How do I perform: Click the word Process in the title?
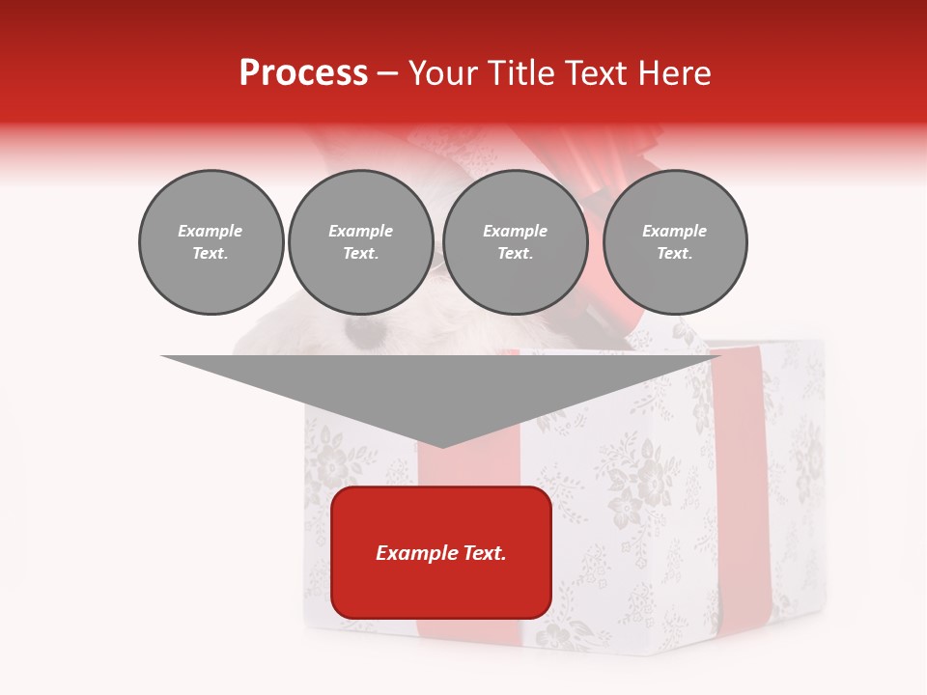pos(303,73)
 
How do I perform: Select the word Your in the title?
pos(441,73)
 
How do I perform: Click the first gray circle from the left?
pos(211,242)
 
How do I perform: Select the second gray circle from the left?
pos(361,242)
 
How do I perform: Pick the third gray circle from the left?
pos(516,242)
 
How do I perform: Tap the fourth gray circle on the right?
pos(675,242)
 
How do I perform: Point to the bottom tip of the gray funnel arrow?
pos(441,445)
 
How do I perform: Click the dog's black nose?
pos(363,334)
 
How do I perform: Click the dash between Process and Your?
pos(388,73)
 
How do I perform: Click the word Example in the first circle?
pos(211,231)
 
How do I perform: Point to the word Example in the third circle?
pos(516,231)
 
